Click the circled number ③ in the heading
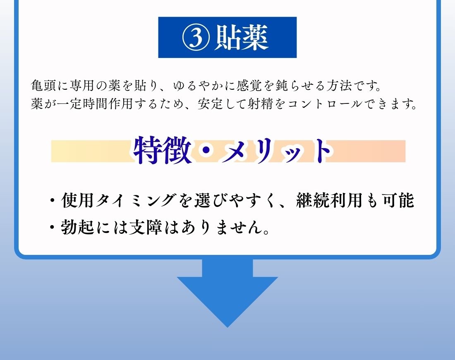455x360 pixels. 196,38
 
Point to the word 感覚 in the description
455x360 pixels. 249,86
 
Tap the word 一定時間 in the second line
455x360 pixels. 82,103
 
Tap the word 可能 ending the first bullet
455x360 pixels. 398,200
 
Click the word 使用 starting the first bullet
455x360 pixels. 77,200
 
